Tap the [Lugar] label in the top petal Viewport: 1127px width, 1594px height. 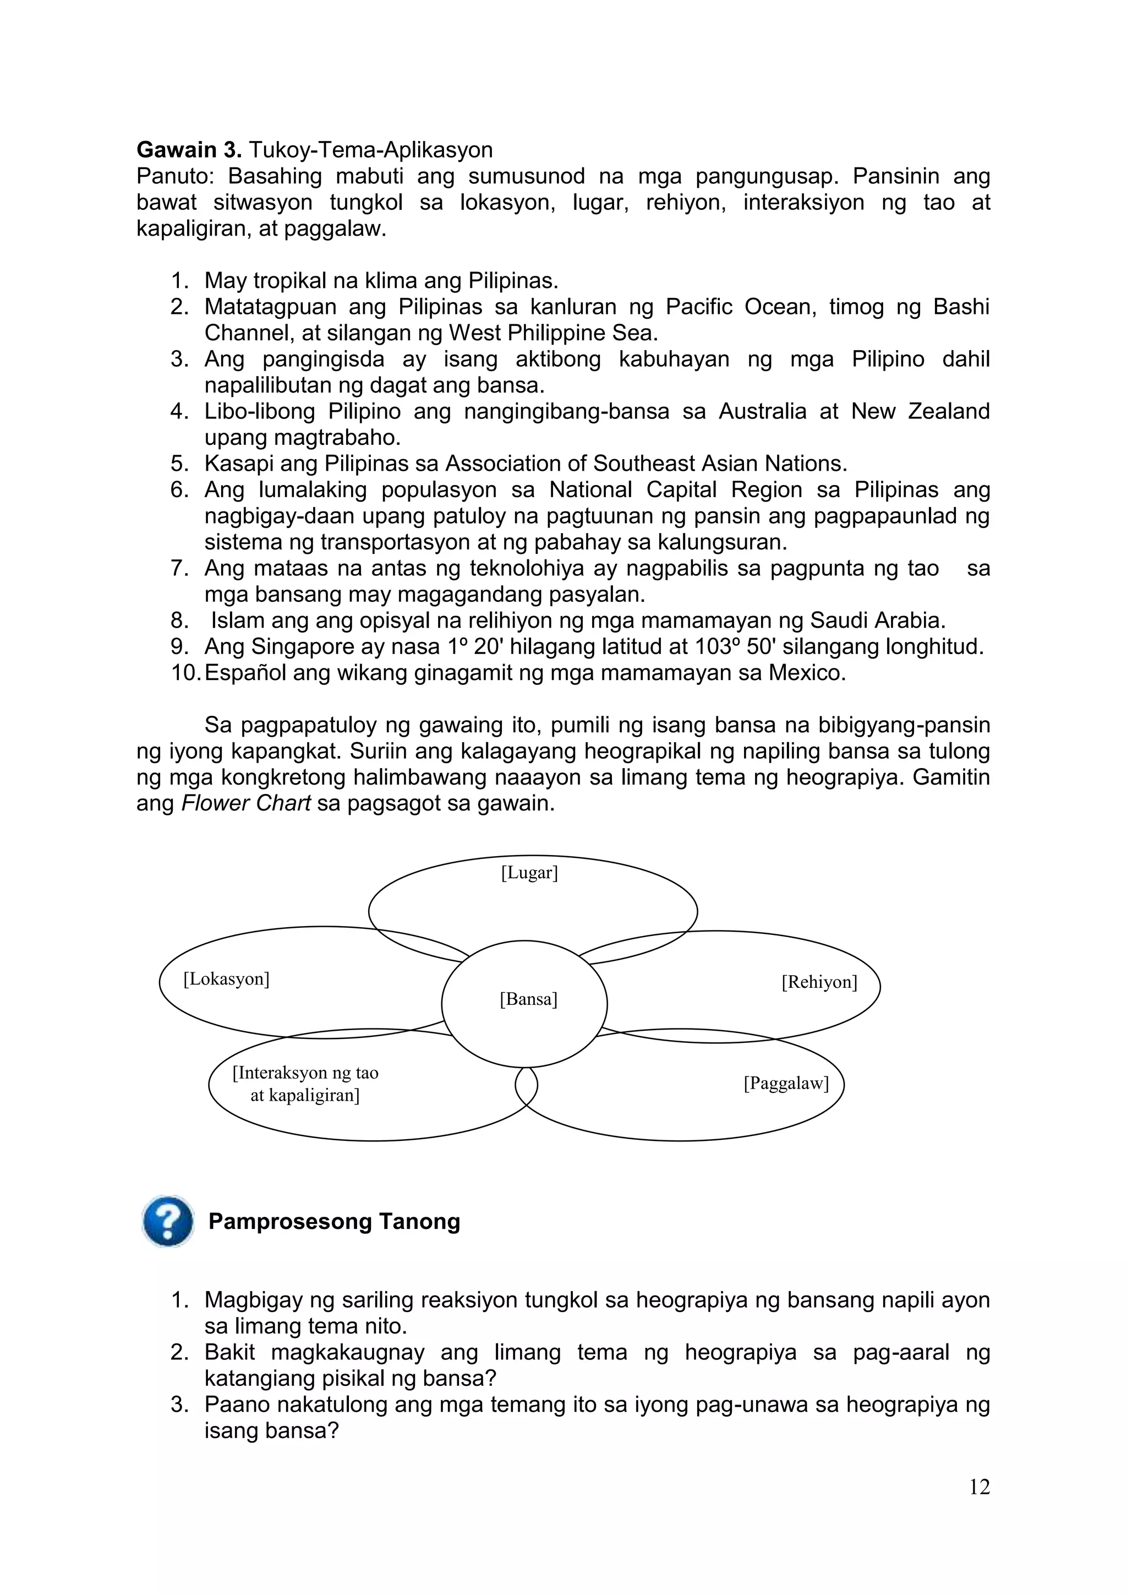(529, 873)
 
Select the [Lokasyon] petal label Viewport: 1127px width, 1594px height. (226, 979)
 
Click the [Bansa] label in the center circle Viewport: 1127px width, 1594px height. (528, 1000)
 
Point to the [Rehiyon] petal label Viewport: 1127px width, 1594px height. (819, 982)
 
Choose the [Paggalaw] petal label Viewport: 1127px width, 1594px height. (786, 1084)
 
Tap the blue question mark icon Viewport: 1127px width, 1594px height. (167, 1221)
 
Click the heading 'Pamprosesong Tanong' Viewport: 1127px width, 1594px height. (334, 1222)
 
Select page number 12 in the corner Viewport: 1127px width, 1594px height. (979, 1487)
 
